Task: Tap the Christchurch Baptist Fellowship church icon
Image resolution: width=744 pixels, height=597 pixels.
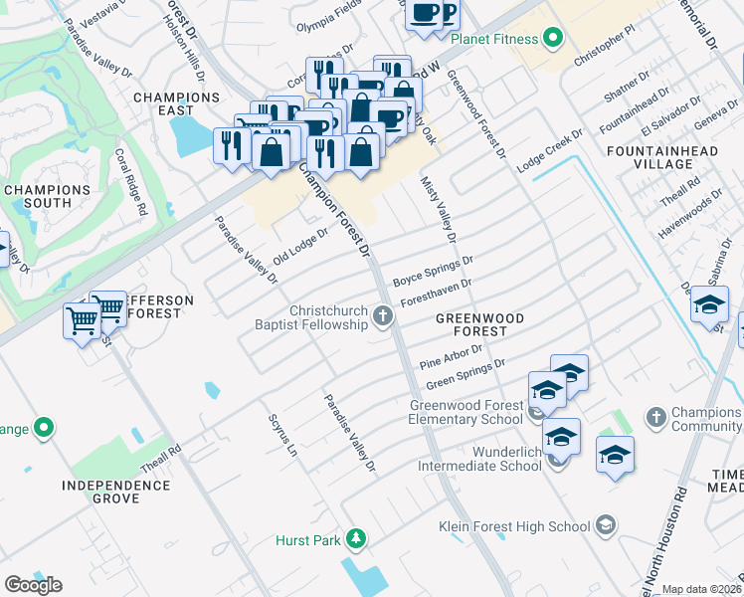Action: [383, 318]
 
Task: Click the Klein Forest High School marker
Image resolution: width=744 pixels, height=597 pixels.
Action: [606, 525]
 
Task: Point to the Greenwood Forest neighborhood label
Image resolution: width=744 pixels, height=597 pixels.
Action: [479, 324]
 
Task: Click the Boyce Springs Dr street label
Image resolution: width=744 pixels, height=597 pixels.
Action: [433, 271]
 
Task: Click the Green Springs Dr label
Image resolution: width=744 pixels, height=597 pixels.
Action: [465, 375]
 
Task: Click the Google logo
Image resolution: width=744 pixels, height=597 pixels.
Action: [33, 585]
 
